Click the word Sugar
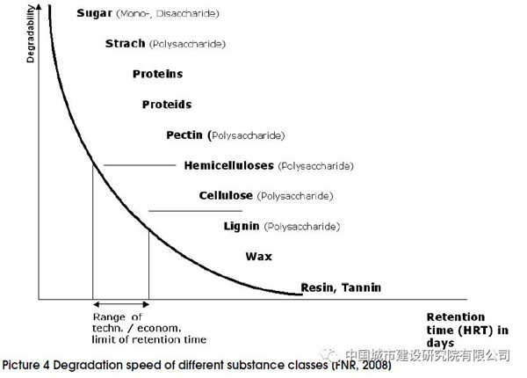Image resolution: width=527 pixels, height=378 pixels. tap(94, 14)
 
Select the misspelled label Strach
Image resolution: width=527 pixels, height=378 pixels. tap(125, 43)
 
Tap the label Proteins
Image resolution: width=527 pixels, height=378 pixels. tap(151, 74)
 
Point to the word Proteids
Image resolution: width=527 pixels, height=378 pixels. tap(166, 105)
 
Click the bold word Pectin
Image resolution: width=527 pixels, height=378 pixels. tap(184, 134)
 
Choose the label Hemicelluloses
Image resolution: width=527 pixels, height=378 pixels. tap(229, 165)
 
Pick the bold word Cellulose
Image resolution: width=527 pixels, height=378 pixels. tap(226, 195)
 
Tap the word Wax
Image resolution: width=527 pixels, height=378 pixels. tap(259, 257)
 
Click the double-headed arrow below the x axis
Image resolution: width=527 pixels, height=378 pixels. tap(120, 304)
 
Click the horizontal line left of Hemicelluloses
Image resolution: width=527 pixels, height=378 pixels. tap(140, 165)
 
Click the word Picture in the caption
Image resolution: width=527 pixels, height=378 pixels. tap(24, 365)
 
